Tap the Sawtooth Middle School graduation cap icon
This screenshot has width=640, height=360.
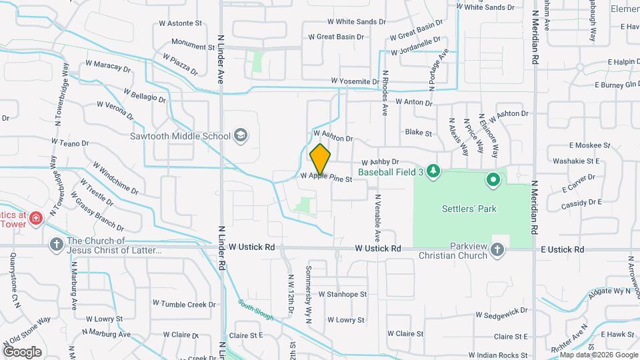pos(240,136)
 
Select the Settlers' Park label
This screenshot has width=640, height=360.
pos(469,209)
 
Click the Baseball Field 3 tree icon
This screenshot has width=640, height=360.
pos(434,171)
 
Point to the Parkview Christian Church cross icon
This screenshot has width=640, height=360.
pos(497,249)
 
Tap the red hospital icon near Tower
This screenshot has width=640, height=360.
pos(35,217)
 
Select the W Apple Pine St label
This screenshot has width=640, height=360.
pos(326,178)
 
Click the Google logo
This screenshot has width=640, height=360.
pos(22,351)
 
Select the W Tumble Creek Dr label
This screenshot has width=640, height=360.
pos(184,304)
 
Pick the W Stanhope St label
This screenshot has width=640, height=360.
pos(343,294)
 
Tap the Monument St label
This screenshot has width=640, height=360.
pos(193,46)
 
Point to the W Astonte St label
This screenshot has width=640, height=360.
pos(181,23)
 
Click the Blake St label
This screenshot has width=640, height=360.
pos(419,133)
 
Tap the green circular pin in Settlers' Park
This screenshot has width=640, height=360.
pos(493,179)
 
